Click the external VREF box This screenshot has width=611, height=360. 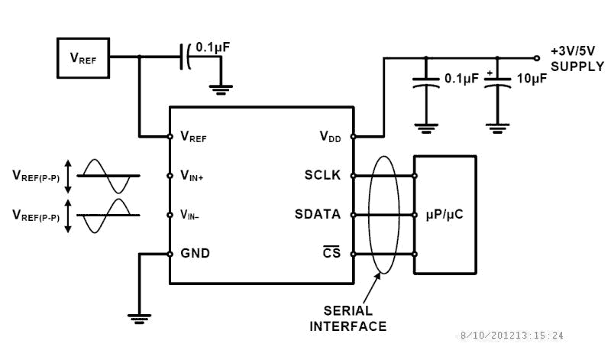[82, 57]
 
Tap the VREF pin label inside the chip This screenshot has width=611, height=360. [193, 138]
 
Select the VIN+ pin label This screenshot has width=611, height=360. [192, 176]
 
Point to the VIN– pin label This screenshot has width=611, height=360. [190, 216]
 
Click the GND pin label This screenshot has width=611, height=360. [195, 254]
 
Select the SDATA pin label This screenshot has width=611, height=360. [318, 215]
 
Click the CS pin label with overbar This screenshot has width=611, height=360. [331, 253]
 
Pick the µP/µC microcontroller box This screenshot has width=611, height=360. [444, 215]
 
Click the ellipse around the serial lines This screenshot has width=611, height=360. [383, 214]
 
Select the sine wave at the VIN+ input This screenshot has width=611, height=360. [107, 176]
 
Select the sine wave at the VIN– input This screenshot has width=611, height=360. [107, 216]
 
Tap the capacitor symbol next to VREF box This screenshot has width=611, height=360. [185, 57]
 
